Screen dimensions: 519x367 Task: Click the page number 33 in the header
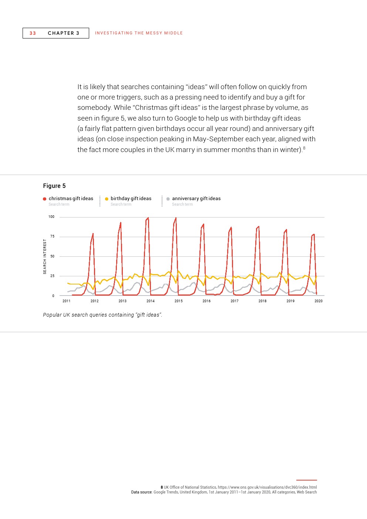(33, 33)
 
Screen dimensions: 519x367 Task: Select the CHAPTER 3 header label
(64, 33)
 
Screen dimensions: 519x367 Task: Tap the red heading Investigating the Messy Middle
(139, 33)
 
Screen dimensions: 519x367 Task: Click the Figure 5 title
(54, 186)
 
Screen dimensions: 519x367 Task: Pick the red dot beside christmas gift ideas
(45, 199)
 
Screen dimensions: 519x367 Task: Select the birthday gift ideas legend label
(131, 199)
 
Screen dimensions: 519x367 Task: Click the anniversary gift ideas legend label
(196, 199)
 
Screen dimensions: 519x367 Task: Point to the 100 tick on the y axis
(51, 217)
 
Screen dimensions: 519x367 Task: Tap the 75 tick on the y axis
(52, 236)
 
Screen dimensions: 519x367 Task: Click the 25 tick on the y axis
(52, 276)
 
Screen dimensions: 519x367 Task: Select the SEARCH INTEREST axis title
(45, 256)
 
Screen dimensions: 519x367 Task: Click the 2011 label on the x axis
(67, 301)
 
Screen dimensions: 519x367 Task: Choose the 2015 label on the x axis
(178, 301)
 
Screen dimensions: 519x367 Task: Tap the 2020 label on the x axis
(318, 301)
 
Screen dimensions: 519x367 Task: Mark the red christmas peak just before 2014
(148, 218)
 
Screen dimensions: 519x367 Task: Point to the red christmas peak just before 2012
(93, 233)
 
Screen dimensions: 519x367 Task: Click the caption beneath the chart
(102, 315)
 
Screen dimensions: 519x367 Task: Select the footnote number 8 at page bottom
(162, 487)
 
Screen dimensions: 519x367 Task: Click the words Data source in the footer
(141, 492)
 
